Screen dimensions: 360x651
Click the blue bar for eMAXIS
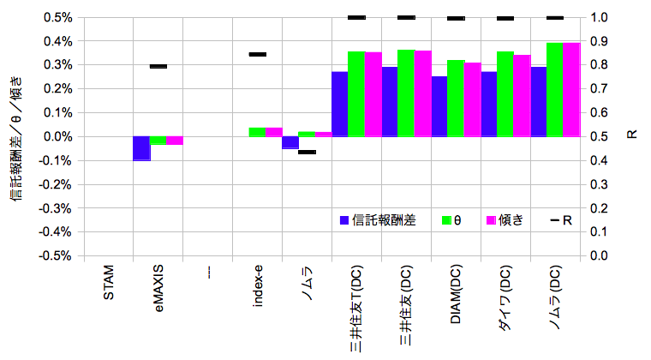tap(140, 148)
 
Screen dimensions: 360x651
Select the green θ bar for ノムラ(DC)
tap(555, 90)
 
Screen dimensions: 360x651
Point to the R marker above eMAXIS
tap(158, 66)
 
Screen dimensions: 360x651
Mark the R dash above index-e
tap(258, 54)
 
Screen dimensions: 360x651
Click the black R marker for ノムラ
tap(308, 152)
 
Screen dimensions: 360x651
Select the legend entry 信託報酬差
tap(378, 220)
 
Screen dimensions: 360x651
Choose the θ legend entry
tap(449, 220)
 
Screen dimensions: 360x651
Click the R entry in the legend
tap(561, 220)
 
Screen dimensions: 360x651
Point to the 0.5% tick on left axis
tap(58, 17)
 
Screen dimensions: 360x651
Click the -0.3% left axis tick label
tap(57, 208)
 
